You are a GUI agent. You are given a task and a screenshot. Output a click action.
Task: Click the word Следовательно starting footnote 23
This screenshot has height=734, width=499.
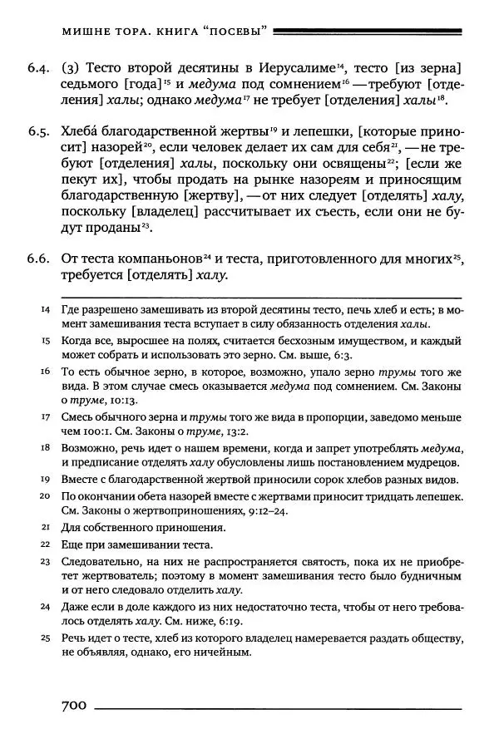point(100,561)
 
